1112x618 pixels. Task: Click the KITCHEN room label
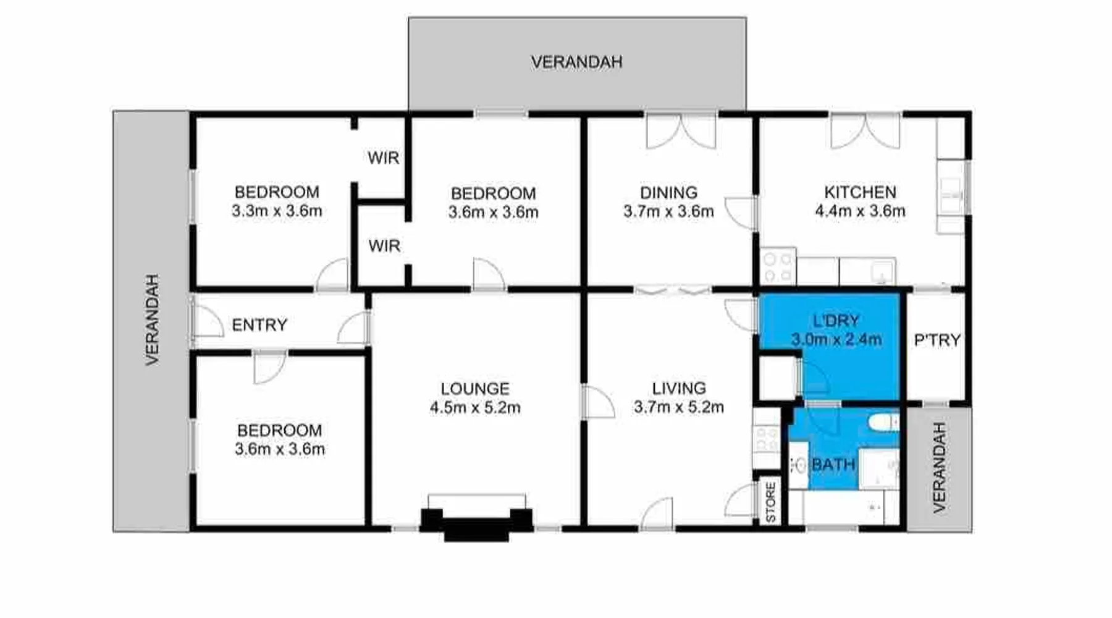pyautogui.click(x=860, y=192)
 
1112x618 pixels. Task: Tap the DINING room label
pyautogui.click(x=668, y=193)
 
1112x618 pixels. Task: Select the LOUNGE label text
pyautogui.click(x=475, y=389)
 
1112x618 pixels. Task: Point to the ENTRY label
pyautogui.click(x=259, y=325)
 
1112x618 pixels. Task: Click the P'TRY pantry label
pyautogui.click(x=937, y=340)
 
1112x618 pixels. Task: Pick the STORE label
pyautogui.click(x=770, y=502)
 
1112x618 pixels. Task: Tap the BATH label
pyautogui.click(x=833, y=464)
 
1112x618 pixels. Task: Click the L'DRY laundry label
pyautogui.click(x=836, y=321)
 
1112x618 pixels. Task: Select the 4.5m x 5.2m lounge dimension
pyautogui.click(x=475, y=408)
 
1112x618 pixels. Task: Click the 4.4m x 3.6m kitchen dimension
pyautogui.click(x=860, y=211)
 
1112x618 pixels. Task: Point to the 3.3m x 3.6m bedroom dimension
pyautogui.click(x=277, y=211)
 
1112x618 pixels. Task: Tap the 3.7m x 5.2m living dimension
pyautogui.click(x=678, y=407)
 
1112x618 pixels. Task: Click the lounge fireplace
pyautogui.click(x=476, y=522)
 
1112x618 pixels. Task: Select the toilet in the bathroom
pyautogui.click(x=883, y=423)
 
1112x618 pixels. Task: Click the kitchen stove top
pyautogui.click(x=778, y=266)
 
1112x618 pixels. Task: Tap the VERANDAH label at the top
pyautogui.click(x=576, y=62)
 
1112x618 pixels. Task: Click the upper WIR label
pyautogui.click(x=383, y=158)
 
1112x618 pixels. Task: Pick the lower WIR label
pyautogui.click(x=384, y=246)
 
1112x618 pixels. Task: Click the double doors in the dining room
pyautogui.click(x=681, y=131)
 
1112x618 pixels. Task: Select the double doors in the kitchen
pyautogui.click(x=865, y=131)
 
